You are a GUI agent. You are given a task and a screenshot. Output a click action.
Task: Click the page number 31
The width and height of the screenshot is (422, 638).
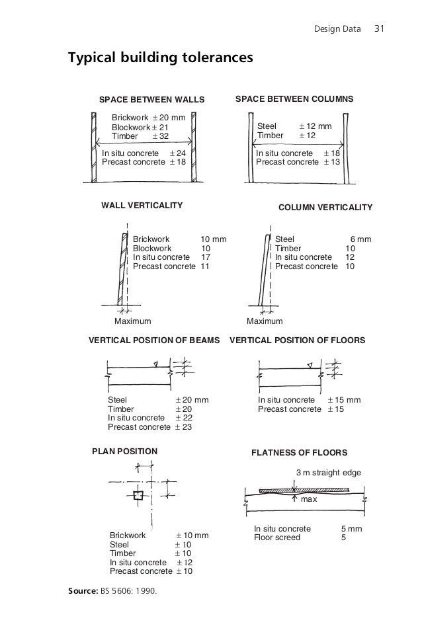click(380, 29)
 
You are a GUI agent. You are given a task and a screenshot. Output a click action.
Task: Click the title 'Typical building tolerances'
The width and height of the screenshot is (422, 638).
click(160, 58)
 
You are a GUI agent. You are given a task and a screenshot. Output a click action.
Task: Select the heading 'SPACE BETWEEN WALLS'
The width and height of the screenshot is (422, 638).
click(151, 100)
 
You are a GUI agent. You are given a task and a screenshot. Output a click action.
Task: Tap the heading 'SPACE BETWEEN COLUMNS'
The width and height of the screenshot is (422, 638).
click(294, 99)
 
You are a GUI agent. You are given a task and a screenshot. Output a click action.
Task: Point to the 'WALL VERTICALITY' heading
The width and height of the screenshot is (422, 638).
click(142, 206)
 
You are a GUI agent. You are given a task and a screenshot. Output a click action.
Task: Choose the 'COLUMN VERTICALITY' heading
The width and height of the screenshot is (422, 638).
click(325, 208)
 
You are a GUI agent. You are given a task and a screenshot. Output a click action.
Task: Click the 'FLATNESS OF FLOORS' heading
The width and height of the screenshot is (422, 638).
click(300, 453)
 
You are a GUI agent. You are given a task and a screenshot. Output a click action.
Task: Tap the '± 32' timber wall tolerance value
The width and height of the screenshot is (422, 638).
click(161, 136)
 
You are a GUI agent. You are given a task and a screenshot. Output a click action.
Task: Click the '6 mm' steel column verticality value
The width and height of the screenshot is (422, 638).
click(360, 239)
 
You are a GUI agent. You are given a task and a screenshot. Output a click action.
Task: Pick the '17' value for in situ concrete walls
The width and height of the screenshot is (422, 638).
click(205, 257)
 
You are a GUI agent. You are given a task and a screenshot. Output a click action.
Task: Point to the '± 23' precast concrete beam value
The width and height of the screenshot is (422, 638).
click(183, 427)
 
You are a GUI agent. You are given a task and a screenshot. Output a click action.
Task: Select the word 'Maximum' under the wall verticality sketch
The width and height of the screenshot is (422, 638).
click(133, 321)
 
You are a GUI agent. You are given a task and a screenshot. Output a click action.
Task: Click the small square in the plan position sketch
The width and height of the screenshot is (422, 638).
click(138, 495)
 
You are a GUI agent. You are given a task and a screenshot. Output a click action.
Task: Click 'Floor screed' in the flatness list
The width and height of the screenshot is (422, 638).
click(277, 538)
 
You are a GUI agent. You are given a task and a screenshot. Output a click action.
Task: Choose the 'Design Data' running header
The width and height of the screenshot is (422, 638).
click(337, 30)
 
